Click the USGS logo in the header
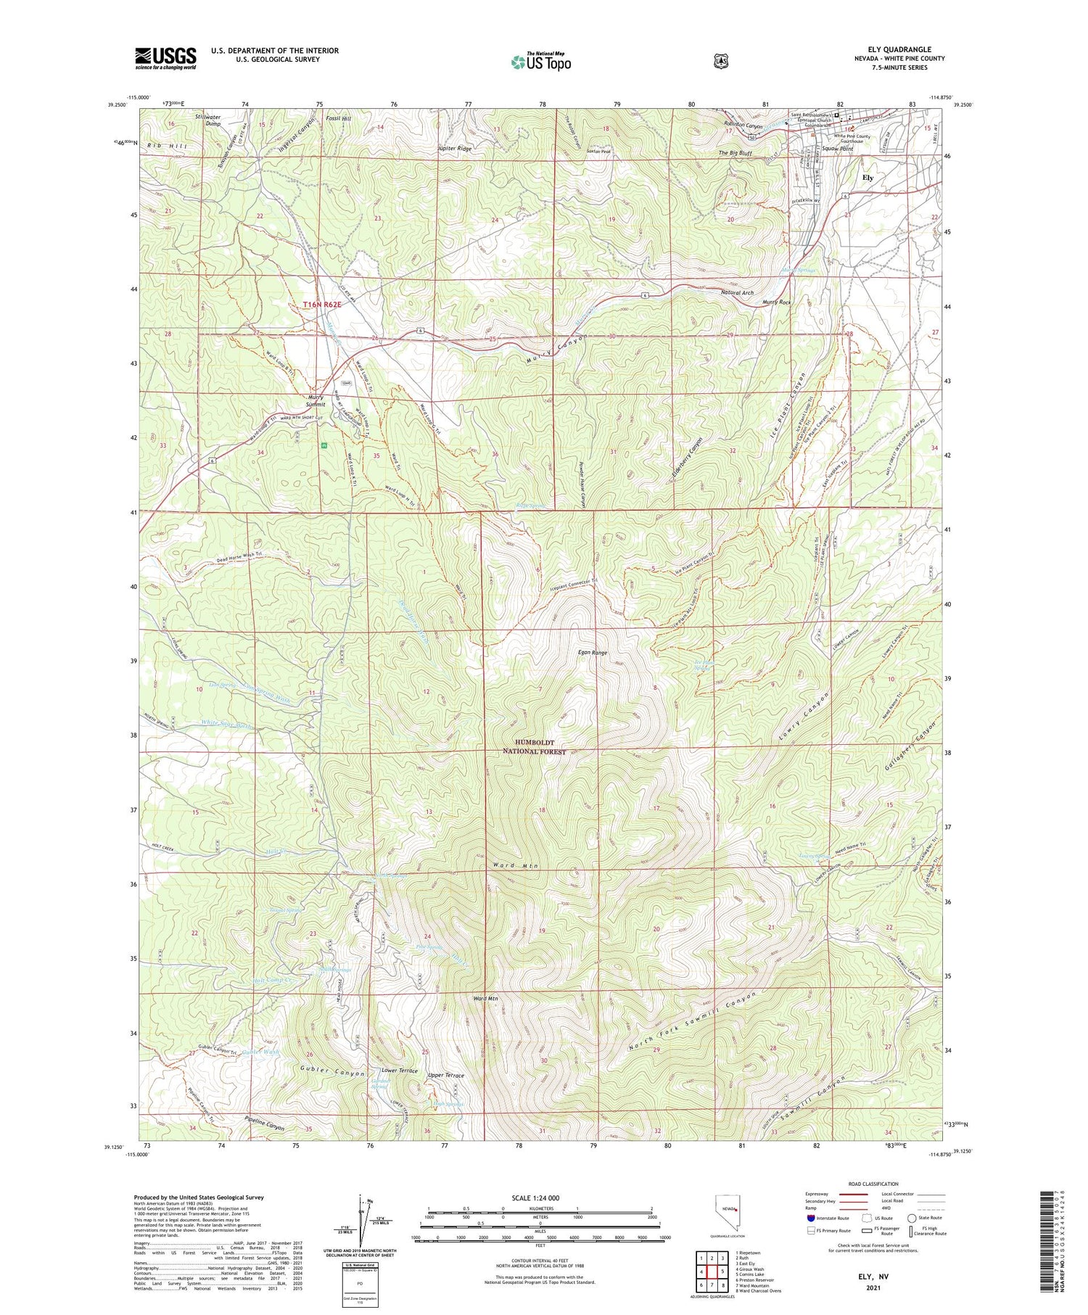165,58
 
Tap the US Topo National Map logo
540,62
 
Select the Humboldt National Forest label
534,748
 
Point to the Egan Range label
593,653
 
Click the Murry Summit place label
316,400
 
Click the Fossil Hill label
338,118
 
